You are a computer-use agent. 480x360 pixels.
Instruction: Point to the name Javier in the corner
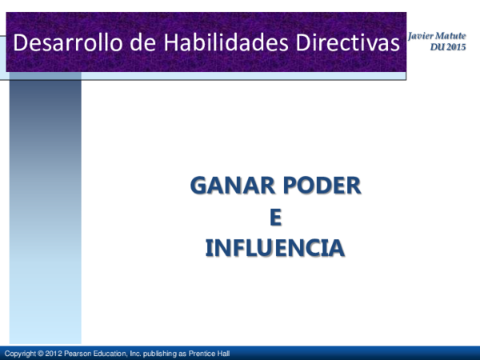point(422,38)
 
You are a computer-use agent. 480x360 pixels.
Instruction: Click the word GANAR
point(226,186)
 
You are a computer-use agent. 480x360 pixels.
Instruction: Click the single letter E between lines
point(276,217)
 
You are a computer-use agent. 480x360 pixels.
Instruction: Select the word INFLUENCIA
point(275,247)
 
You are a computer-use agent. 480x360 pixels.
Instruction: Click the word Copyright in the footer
point(21,354)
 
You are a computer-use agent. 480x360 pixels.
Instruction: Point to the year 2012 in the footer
point(54,354)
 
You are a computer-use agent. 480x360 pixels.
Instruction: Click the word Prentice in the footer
point(203,354)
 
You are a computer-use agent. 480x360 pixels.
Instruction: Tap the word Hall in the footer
point(225,354)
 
